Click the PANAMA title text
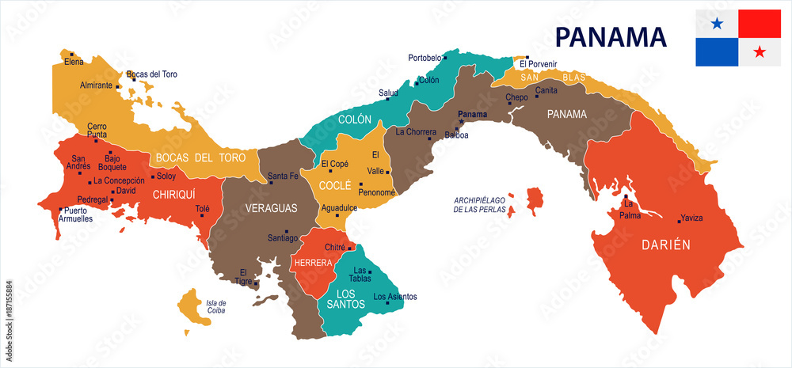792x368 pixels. (x=610, y=37)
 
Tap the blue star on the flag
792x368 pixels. (x=717, y=24)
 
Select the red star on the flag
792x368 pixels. (x=760, y=52)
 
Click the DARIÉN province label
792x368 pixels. (x=666, y=245)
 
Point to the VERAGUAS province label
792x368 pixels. (x=270, y=208)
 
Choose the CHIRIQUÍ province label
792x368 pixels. (x=173, y=193)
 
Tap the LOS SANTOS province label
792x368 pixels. (x=346, y=298)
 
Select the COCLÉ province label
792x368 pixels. (x=335, y=185)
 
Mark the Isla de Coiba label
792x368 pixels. (x=216, y=306)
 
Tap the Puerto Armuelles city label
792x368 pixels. (x=78, y=214)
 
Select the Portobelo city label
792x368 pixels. (x=425, y=58)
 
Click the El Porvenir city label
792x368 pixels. (x=539, y=63)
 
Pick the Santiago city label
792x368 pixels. (x=283, y=237)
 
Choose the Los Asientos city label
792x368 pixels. (x=394, y=297)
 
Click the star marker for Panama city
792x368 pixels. (x=461, y=122)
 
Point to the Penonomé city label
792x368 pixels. (x=376, y=192)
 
